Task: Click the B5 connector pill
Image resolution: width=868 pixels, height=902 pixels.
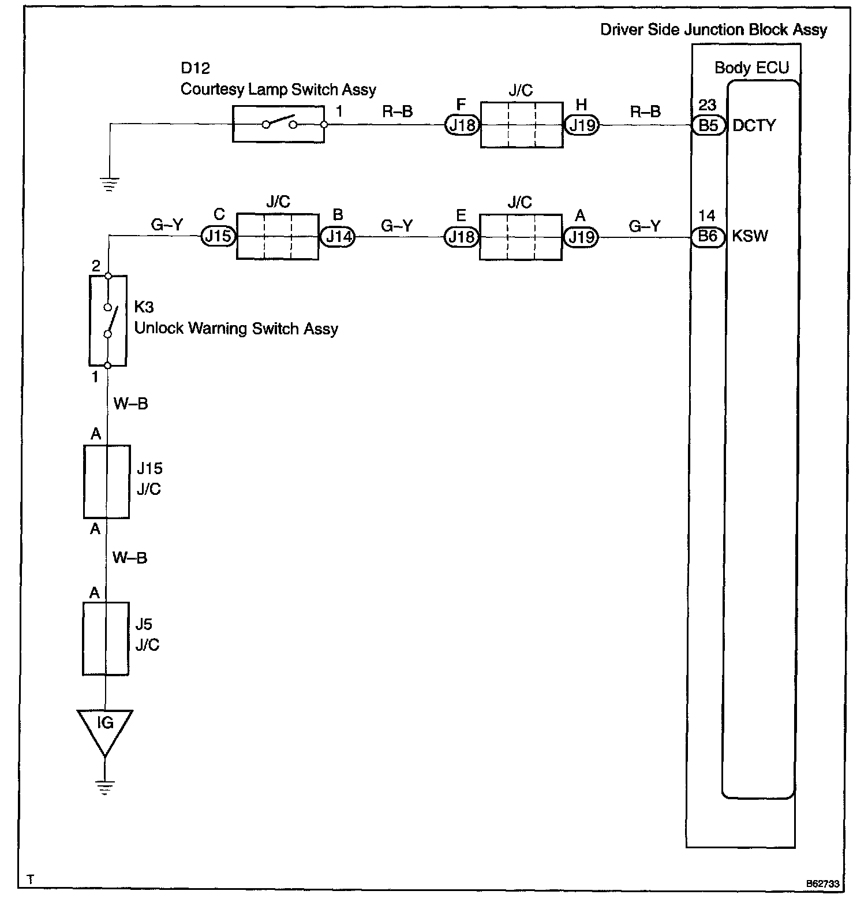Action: point(708,125)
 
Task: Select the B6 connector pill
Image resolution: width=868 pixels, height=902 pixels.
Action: point(708,237)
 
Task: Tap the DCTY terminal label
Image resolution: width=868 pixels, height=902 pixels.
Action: point(754,126)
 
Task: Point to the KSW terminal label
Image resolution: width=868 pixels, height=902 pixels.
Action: point(750,237)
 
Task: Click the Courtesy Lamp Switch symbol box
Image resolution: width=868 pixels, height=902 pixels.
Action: point(278,124)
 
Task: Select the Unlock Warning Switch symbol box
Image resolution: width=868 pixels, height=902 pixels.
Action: point(108,320)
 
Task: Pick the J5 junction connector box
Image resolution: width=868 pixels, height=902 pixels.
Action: point(106,639)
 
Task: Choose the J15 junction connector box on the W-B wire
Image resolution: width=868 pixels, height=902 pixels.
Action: point(106,481)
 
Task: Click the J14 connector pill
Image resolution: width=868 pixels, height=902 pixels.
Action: point(338,237)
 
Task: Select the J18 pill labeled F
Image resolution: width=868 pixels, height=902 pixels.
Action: point(462,125)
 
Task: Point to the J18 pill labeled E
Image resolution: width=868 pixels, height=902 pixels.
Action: point(462,237)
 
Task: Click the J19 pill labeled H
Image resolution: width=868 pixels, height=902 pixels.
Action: point(582,125)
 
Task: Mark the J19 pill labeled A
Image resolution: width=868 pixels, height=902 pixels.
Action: point(582,237)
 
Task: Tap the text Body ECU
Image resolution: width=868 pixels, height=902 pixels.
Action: point(751,68)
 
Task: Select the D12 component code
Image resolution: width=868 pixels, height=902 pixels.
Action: point(195,68)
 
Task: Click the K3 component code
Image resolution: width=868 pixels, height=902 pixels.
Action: point(144,307)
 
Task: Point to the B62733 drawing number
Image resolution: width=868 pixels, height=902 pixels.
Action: point(823,884)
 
